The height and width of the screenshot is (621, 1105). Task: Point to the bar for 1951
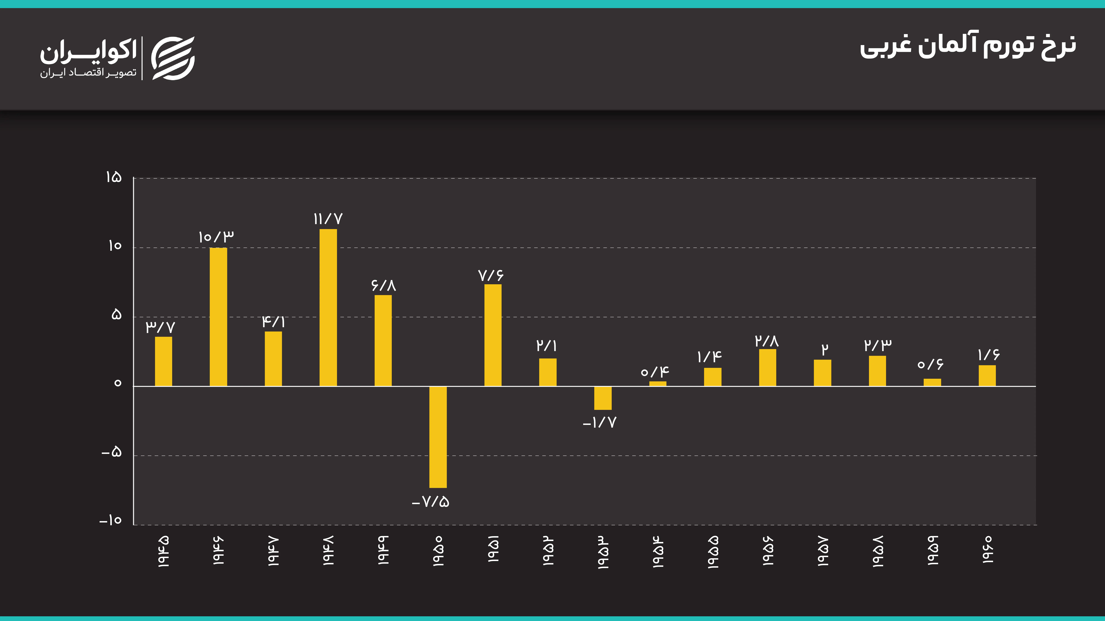pos(493,335)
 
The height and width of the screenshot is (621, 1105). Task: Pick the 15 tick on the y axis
pos(114,177)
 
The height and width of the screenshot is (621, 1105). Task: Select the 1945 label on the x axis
pos(163,552)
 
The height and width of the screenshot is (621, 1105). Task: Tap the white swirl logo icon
pos(173,58)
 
